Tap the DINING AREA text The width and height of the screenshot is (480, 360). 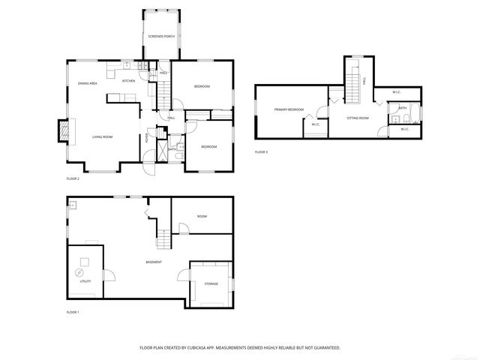88,83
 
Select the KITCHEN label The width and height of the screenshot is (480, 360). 128,80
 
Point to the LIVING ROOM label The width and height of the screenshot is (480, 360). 102,136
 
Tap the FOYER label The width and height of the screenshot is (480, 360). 147,138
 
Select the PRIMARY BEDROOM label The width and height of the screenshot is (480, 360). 289,109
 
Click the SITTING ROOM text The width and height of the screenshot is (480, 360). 357,118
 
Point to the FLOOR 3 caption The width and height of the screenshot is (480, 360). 260,152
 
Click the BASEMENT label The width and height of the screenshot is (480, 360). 154,262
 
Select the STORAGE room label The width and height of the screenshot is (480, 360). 211,283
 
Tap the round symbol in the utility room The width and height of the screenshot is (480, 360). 81,271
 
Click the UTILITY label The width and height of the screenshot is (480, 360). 85,281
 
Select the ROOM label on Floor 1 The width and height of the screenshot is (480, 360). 202,216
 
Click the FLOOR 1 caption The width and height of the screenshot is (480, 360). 73,311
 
